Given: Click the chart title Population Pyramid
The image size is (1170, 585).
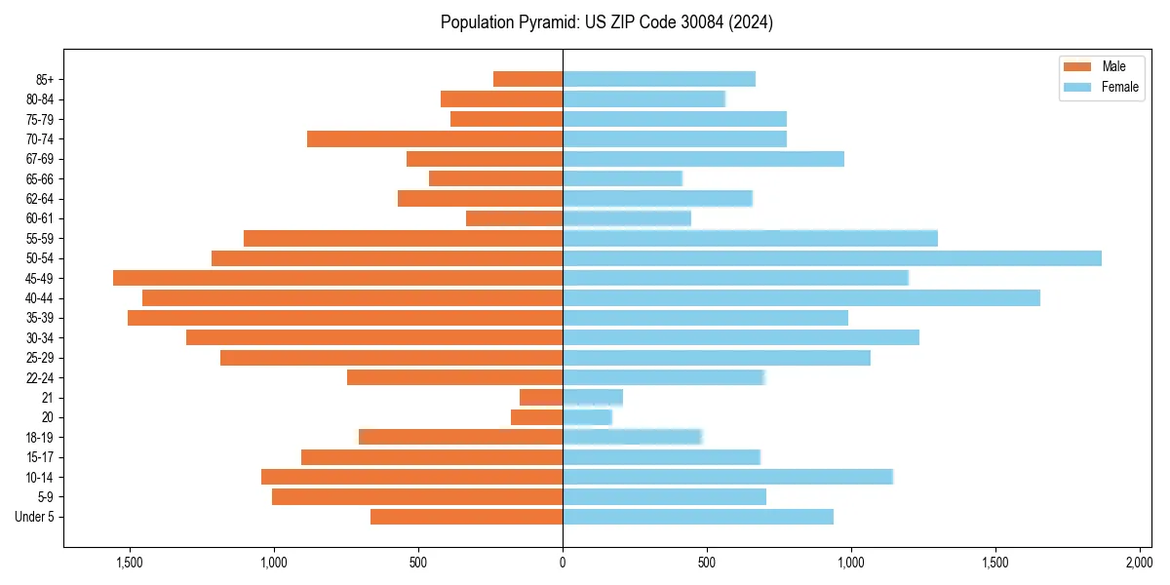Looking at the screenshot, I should coord(606,22).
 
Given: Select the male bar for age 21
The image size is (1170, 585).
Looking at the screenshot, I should coord(541,398).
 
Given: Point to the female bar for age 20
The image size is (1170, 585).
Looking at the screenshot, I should coord(587,417).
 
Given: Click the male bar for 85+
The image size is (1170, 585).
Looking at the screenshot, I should coord(527,79).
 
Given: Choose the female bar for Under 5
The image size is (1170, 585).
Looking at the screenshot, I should coord(698,517).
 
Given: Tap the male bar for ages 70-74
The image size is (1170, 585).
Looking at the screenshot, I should coord(435,139).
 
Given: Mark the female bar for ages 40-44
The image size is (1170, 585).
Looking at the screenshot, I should coord(801,298).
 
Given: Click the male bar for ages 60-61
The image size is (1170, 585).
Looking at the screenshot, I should coord(514,218).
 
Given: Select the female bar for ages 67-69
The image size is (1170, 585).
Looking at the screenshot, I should coord(703,159).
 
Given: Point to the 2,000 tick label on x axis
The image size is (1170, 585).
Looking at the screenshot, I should coord(1139,563).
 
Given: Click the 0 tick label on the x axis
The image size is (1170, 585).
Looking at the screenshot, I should coord(563,563).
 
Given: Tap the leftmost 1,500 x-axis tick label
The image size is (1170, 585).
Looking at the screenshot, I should coord(130,563).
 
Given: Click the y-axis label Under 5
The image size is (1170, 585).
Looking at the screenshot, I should coord(40,517).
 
